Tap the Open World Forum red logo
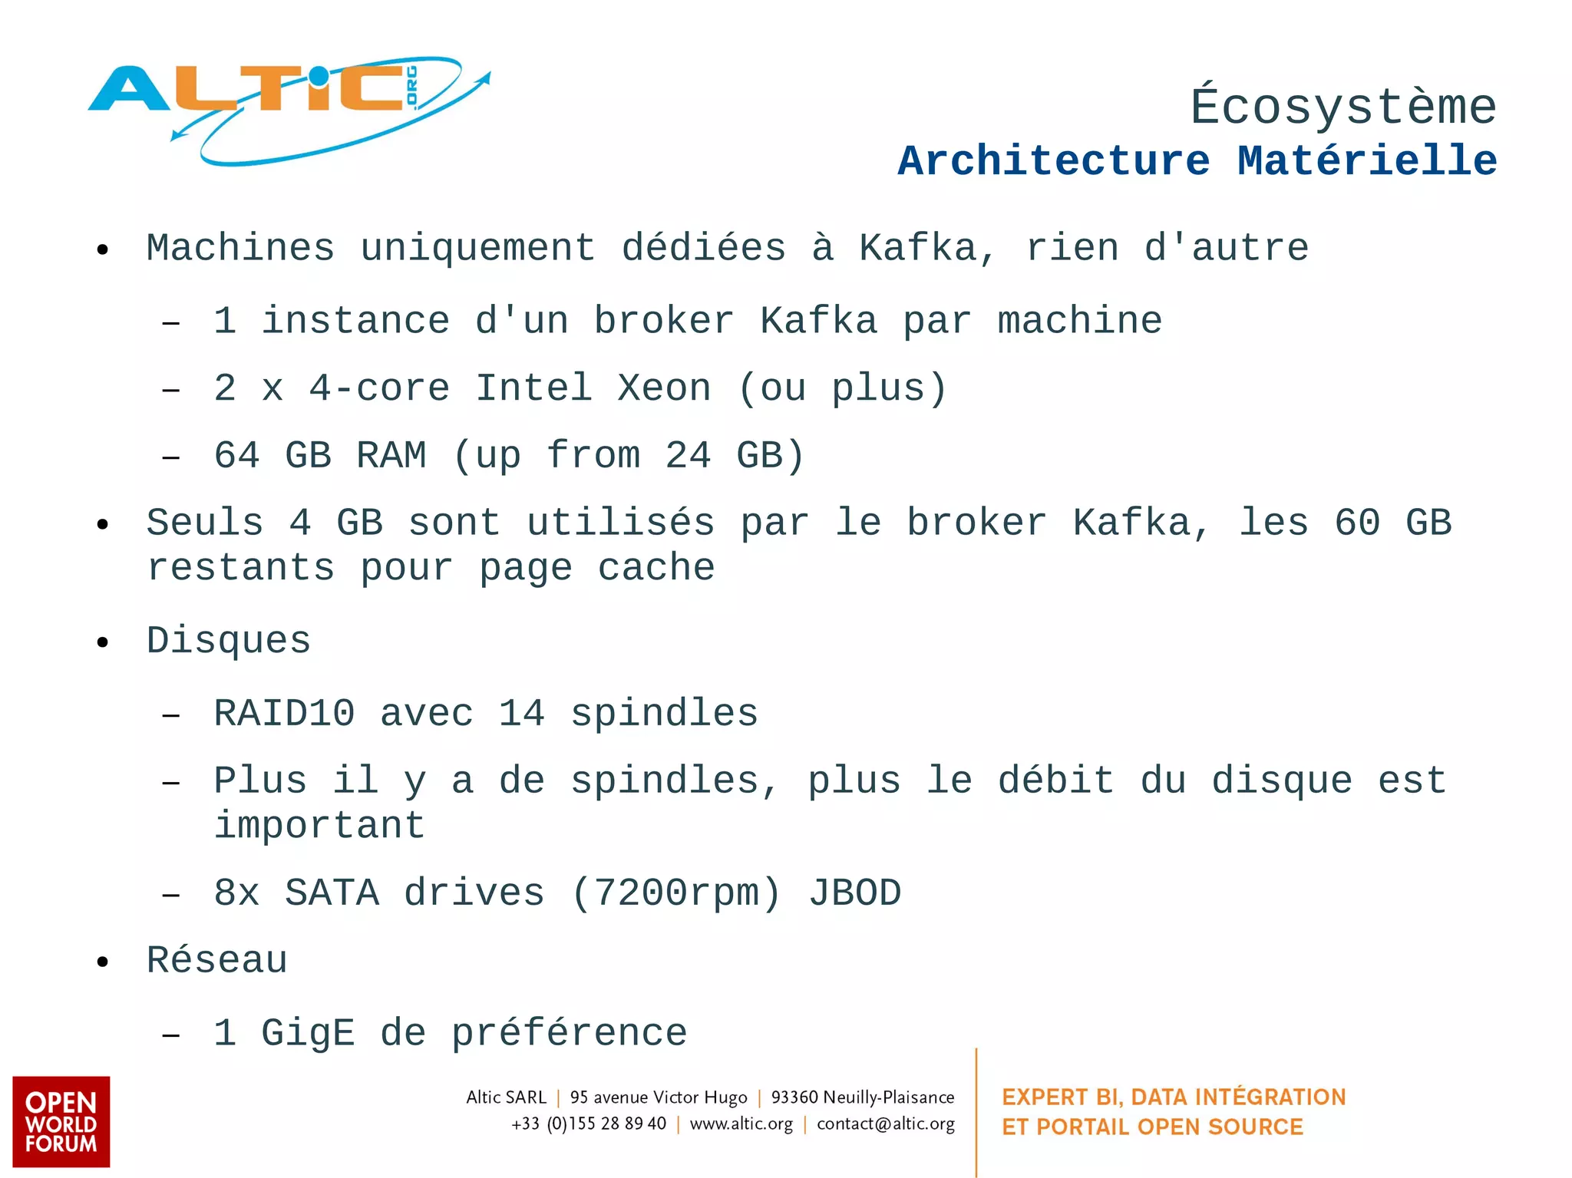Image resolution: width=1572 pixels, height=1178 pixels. [61, 1121]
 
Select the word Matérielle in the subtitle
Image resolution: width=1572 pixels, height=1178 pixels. [1367, 161]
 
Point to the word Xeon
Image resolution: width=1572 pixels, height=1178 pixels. [665, 388]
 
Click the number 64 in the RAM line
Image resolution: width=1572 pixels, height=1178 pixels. [237, 456]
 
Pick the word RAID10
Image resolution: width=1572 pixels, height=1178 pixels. [284, 714]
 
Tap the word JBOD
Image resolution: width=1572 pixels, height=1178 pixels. [854, 893]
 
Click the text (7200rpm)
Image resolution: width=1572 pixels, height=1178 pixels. [676, 893]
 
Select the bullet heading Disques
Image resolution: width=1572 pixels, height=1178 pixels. [229, 641]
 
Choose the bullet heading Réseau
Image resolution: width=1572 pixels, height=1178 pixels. [217, 961]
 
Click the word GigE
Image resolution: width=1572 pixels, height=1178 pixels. [308, 1033]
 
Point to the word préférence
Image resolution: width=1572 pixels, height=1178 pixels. [569, 1033]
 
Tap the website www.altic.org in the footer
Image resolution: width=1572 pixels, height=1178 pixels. [741, 1124]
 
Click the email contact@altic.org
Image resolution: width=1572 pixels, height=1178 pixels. [886, 1124]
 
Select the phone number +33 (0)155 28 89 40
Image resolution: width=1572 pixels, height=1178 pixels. [589, 1124]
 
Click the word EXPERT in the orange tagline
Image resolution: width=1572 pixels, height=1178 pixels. [1045, 1097]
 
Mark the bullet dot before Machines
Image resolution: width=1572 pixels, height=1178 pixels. [103, 250]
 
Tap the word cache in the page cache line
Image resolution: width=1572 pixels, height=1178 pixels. [656, 568]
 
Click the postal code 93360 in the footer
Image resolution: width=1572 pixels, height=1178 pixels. [794, 1097]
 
